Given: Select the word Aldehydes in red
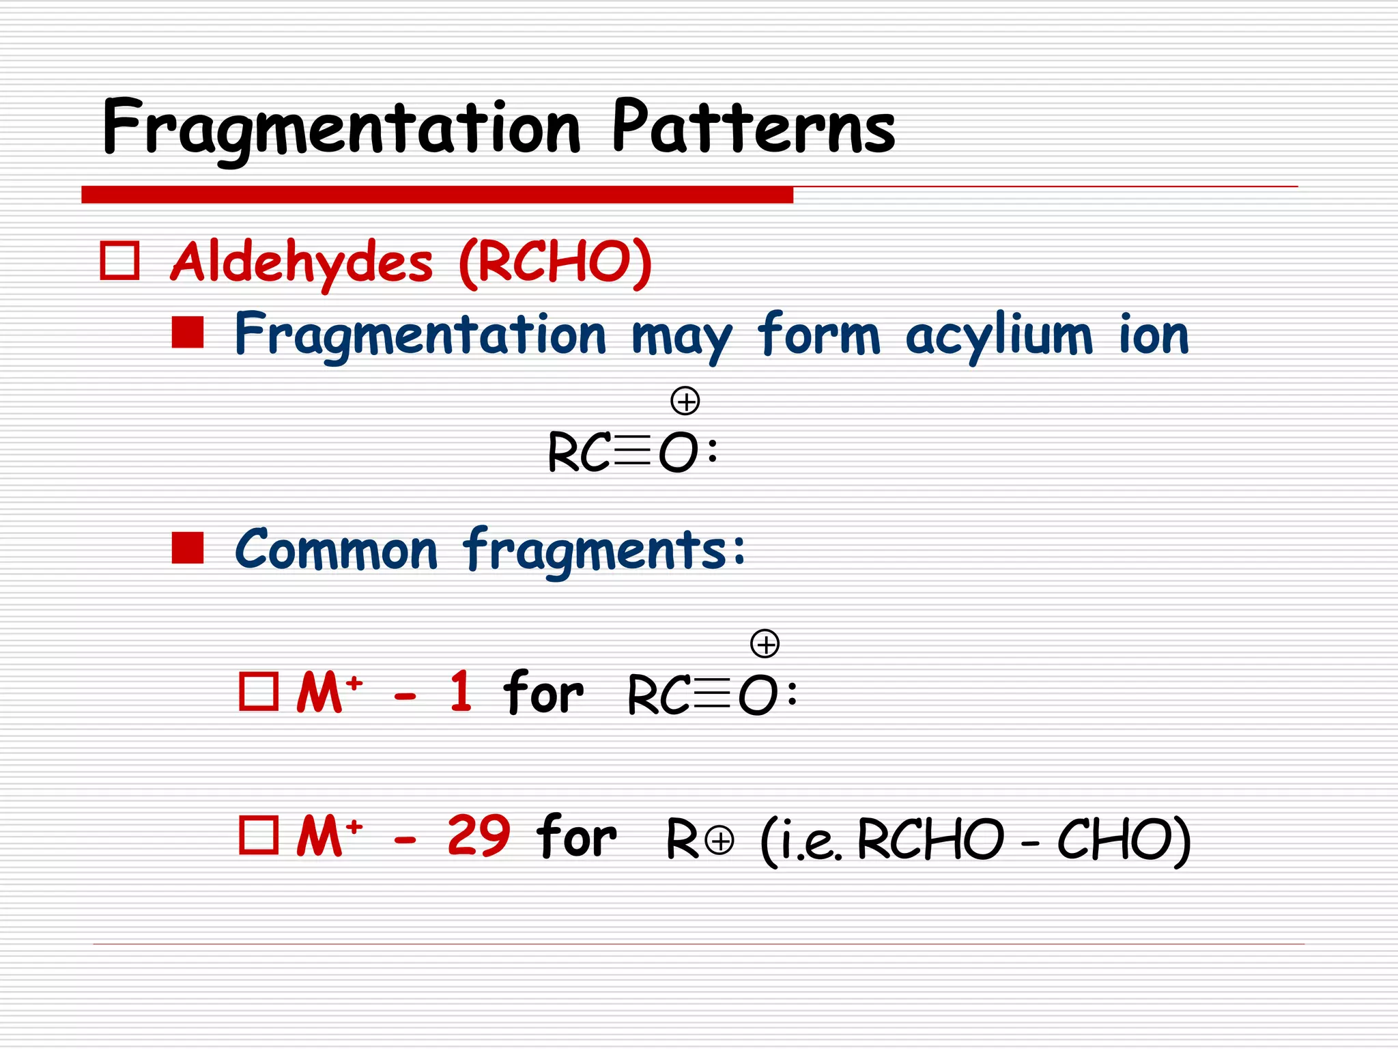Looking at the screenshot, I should pyautogui.click(x=301, y=263).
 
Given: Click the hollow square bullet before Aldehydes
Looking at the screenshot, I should pyautogui.click(x=120, y=261).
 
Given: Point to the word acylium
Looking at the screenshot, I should pyautogui.click(x=999, y=336).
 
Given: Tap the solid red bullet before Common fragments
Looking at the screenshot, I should pyautogui.click(x=188, y=548).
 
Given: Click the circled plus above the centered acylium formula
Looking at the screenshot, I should pyautogui.click(x=685, y=401).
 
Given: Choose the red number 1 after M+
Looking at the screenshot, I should pyautogui.click(x=461, y=692).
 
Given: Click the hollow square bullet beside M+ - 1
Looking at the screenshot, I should pyautogui.click(x=259, y=692).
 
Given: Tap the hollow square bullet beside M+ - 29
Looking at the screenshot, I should pyautogui.click(x=259, y=835).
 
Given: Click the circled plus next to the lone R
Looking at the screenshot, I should pyautogui.click(x=720, y=841).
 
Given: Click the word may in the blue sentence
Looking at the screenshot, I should pyautogui.click(x=681, y=337).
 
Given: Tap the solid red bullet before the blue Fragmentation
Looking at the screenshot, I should pyautogui.click(x=188, y=333).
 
